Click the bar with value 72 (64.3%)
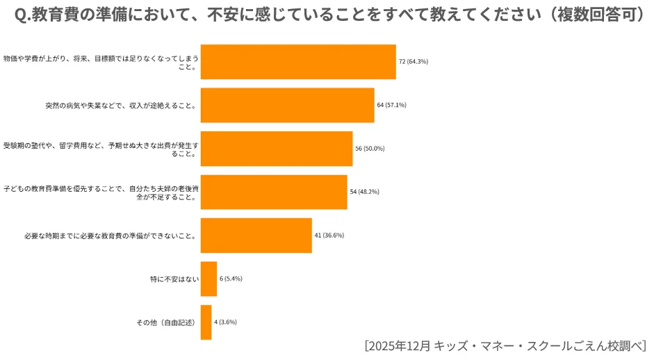[x=297, y=62]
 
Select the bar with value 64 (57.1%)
[x=287, y=105]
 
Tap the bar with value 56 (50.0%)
[x=276, y=148]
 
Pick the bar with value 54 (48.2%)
[x=273, y=192]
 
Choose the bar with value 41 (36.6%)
[x=256, y=235]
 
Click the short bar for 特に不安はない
[x=209, y=279]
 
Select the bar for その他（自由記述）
[x=206, y=322]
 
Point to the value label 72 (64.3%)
[x=413, y=62]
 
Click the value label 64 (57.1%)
[x=391, y=105]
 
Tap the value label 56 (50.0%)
[x=370, y=148]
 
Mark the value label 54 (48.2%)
[x=364, y=192]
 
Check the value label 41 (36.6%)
[x=329, y=235]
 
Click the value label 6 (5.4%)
[x=231, y=279]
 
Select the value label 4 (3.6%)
[x=226, y=322]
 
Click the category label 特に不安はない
[x=174, y=279]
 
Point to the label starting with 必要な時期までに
[x=110, y=235]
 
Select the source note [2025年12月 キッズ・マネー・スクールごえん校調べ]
[x=505, y=346]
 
